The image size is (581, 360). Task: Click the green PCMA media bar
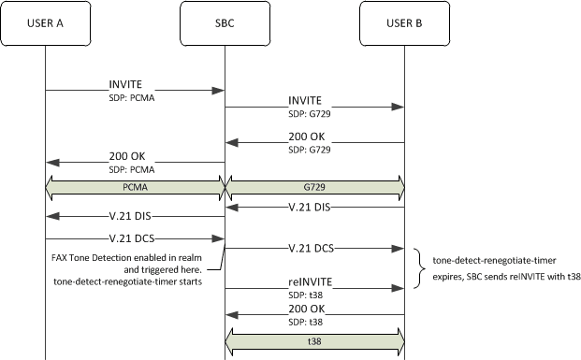(x=135, y=187)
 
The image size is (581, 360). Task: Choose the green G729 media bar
(x=314, y=187)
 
